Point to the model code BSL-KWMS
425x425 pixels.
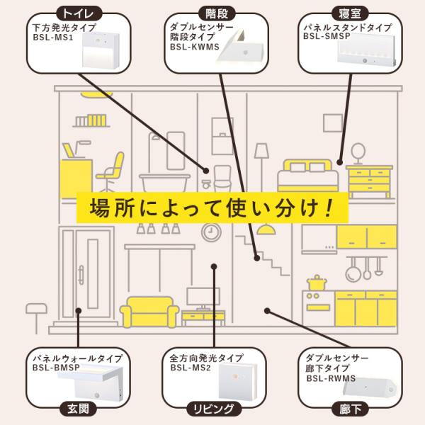pyautogui.click(x=195, y=48)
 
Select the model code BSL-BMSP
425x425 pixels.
pyautogui.click(x=55, y=368)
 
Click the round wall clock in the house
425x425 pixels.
pyautogui.click(x=210, y=232)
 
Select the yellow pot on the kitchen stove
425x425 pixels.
pyautogui.click(x=315, y=283)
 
